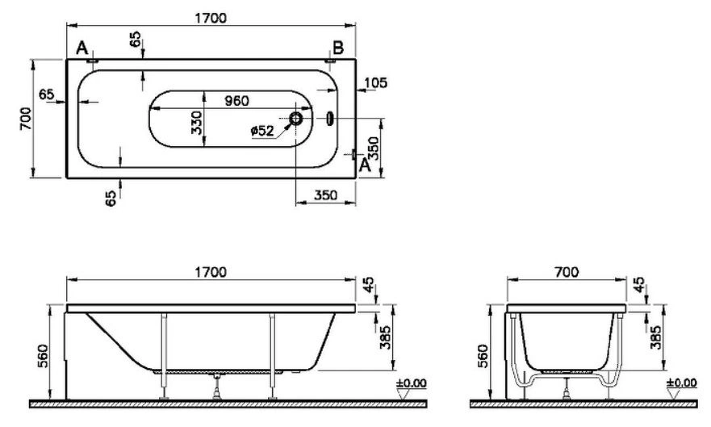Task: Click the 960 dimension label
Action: click(x=236, y=100)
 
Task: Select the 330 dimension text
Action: click(x=196, y=123)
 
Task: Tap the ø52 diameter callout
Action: click(x=262, y=132)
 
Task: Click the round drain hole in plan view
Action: click(x=295, y=119)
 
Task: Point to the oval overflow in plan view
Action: click(x=330, y=119)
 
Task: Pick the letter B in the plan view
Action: click(x=338, y=47)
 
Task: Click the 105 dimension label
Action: click(x=375, y=82)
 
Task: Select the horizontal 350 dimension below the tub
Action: click(x=325, y=195)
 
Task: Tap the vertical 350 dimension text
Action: click(x=373, y=149)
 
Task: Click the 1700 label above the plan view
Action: click(x=211, y=18)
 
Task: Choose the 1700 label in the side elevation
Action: click(x=211, y=273)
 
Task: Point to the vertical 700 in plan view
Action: click(x=26, y=119)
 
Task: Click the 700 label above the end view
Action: click(x=567, y=272)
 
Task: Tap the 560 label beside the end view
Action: click(x=484, y=356)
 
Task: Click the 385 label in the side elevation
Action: click(x=385, y=337)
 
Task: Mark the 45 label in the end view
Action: click(x=638, y=285)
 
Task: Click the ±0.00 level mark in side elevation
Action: click(x=412, y=383)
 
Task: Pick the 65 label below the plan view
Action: click(x=111, y=198)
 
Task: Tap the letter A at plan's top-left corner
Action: click(x=82, y=47)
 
